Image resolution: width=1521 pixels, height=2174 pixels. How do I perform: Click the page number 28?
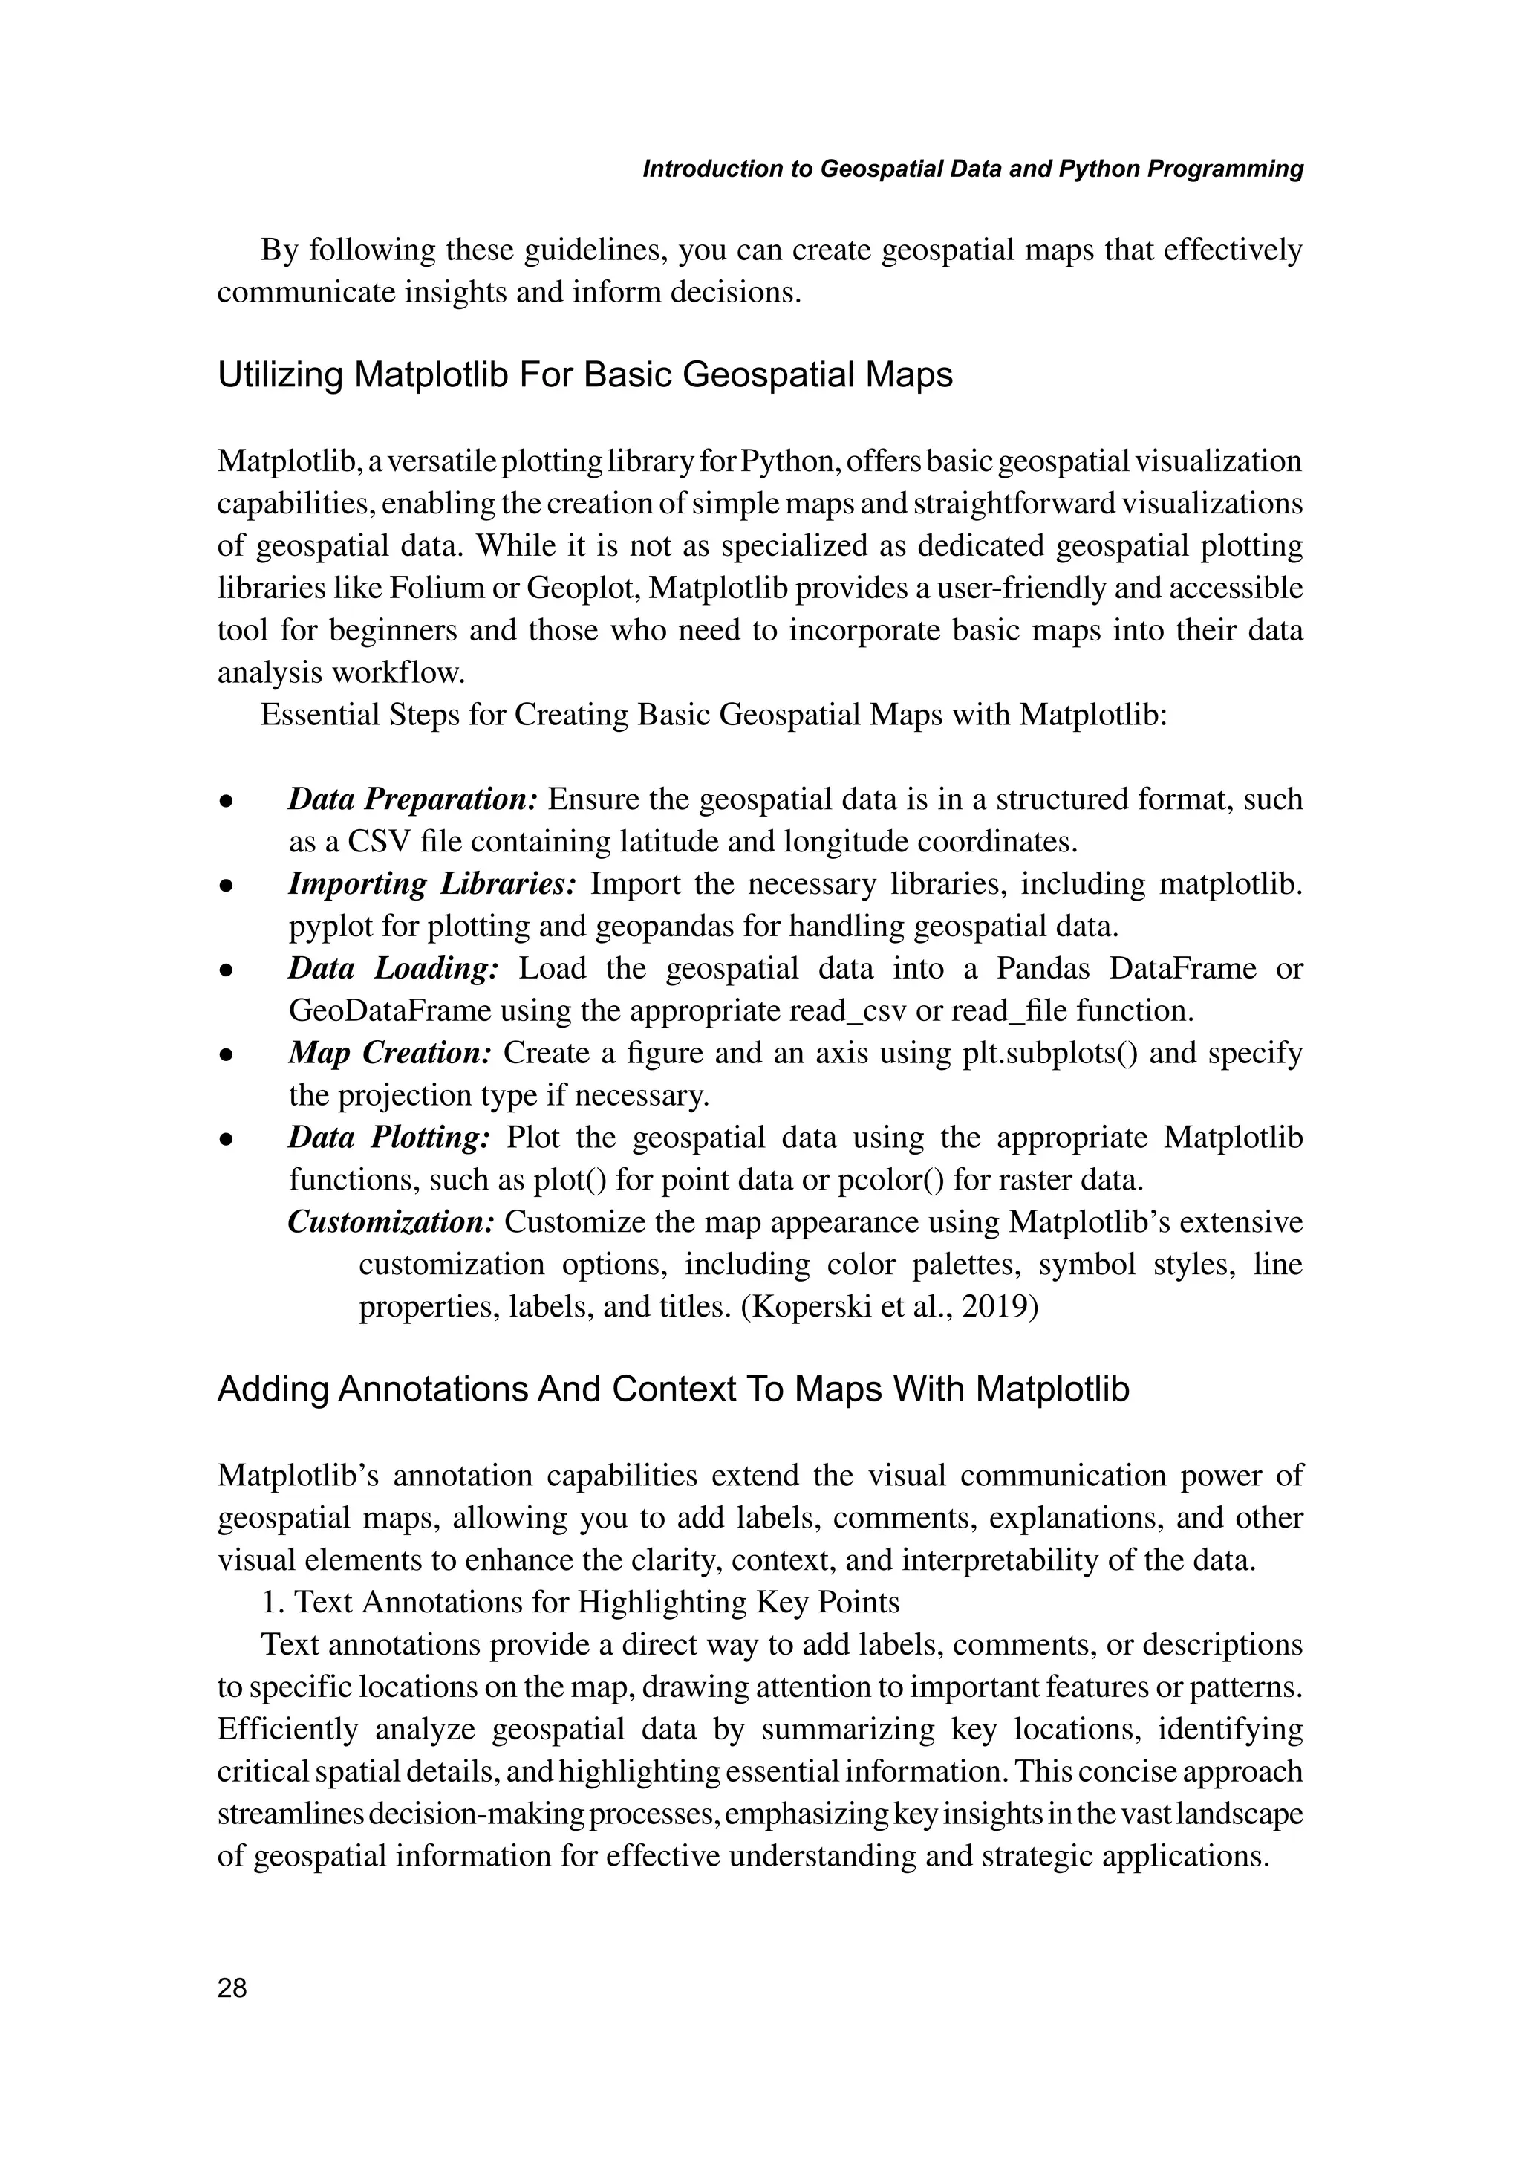pyautogui.click(x=232, y=1988)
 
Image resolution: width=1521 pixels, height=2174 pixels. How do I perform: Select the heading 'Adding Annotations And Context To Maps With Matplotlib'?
pyautogui.click(x=673, y=1389)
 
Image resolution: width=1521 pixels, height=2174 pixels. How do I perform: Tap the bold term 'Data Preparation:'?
pyautogui.click(x=413, y=799)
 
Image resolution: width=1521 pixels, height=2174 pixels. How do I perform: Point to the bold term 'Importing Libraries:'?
pyautogui.click(x=431, y=883)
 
